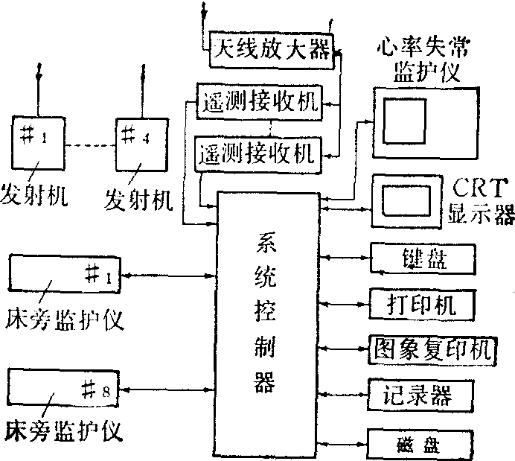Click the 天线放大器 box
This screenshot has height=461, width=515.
point(270,51)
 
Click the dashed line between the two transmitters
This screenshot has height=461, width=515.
point(89,144)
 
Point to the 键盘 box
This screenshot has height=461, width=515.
point(421,259)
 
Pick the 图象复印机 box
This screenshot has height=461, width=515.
point(432,348)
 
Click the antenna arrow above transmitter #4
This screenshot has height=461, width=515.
point(141,86)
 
